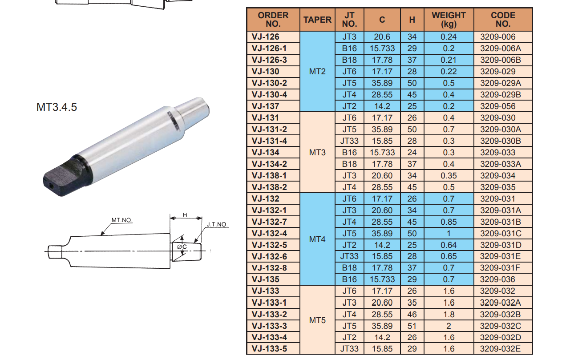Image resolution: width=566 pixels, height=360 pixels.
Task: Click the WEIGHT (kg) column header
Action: pos(449,20)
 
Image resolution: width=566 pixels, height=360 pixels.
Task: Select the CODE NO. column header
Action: pos(503,20)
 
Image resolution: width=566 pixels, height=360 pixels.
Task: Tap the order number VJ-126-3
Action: pos(269,60)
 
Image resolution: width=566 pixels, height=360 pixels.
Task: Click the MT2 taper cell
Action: pos(317,72)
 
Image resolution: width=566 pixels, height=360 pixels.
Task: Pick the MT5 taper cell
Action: pos(317,320)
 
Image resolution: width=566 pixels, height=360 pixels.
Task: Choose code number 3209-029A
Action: pos(501,83)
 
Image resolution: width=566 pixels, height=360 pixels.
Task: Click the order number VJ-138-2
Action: pos(269,187)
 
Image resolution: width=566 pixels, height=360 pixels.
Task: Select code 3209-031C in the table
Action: pos(501,234)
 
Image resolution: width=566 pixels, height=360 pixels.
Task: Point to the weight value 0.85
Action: pos(449,222)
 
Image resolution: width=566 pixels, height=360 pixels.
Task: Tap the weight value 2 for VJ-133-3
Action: pos(449,326)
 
